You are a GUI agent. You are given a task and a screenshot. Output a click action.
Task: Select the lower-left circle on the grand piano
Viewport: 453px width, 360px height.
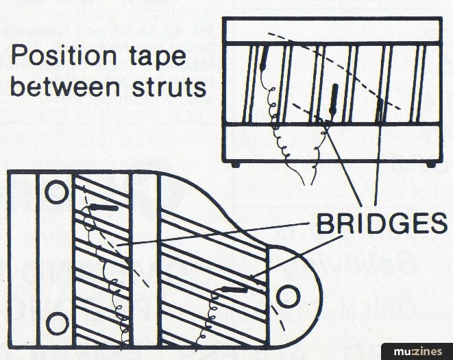coord(55,320)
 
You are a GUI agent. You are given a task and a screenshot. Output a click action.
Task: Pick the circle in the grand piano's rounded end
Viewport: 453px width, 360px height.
coord(288,296)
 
